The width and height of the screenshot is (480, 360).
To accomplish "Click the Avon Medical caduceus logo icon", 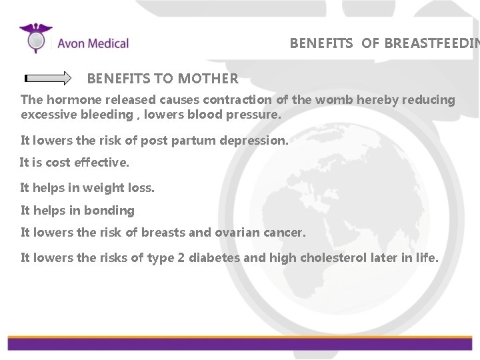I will pos(36,38).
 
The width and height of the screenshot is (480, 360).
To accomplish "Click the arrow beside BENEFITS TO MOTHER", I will pos(48,78).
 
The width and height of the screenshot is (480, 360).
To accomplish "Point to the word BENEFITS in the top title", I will pos(321,44).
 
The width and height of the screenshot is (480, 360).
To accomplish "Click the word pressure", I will pos(255,115).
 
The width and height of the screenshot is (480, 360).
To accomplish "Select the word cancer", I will pos(286,233).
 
